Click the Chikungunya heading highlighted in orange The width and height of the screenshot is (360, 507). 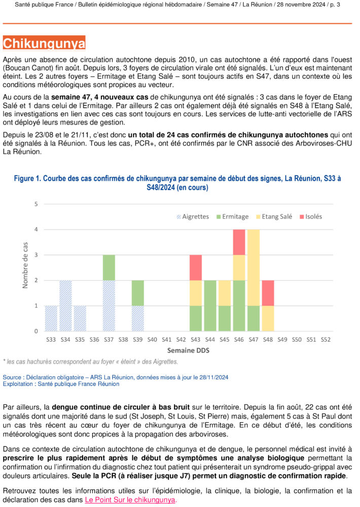click(44, 44)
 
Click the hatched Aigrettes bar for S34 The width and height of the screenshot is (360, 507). click(65, 306)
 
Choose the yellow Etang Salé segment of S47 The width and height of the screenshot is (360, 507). click(253, 267)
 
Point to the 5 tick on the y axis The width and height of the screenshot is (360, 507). click(35, 204)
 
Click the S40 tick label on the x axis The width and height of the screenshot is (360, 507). click(152, 339)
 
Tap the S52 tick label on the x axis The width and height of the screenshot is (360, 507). click(325, 339)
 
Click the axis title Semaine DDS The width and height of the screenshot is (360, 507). click(188, 350)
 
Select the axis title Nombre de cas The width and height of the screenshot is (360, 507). click(26, 265)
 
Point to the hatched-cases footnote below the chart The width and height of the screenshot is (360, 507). click(91, 361)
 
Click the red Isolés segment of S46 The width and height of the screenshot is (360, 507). click(239, 242)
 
